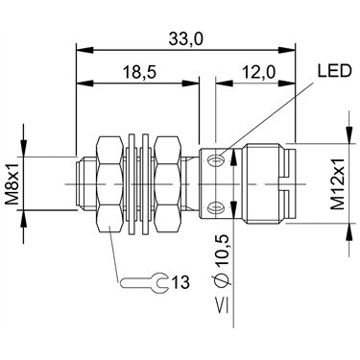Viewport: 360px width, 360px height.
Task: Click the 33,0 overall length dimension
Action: tap(185, 39)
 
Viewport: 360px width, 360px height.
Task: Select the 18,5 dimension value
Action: tap(140, 72)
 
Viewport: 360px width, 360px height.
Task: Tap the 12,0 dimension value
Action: tap(259, 72)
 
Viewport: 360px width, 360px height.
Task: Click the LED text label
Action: tap(334, 71)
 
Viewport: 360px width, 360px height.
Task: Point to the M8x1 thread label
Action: tap(13, 183)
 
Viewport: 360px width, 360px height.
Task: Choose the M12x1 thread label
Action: tap(337, 183)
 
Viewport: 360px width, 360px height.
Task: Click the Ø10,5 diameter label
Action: tap(222, 261)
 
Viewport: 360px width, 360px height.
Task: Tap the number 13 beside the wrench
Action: tap(180, 282)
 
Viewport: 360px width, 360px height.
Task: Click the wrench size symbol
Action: tap(144, 283)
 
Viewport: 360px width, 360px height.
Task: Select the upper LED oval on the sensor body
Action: tap(215, 159)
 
